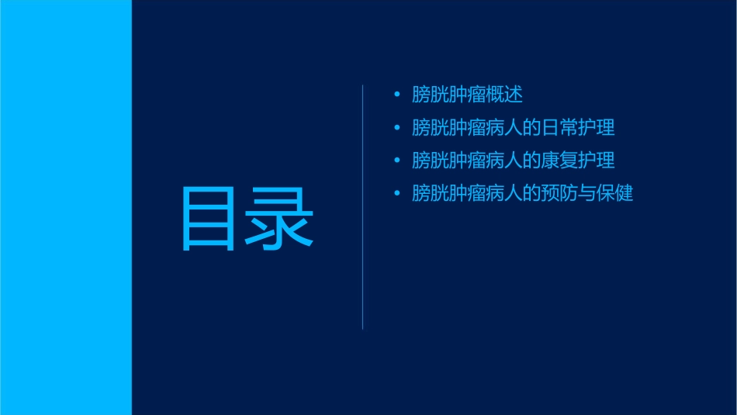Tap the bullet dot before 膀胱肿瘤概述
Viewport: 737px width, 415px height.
pos(397,95)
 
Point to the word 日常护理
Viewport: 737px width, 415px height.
pos(580,128)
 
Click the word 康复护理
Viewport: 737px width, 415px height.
pos(580,161)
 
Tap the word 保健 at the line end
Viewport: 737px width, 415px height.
pos(616,193)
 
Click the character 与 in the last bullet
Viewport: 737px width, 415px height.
pos(588,193)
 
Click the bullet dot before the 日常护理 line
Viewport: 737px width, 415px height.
pos(397,128)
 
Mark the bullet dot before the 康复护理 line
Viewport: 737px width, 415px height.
pos(397,161)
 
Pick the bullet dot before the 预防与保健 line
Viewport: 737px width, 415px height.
pos(397,193)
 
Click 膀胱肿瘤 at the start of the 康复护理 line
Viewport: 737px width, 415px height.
pos(448,161)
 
